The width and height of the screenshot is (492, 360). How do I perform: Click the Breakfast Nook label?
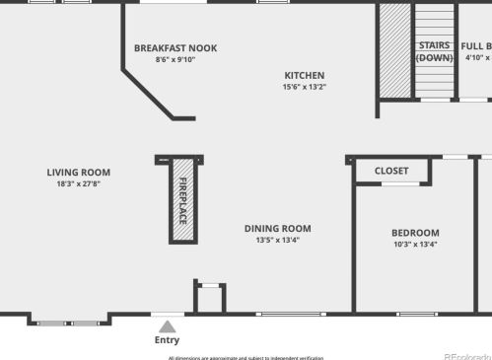click(x=176, y=47)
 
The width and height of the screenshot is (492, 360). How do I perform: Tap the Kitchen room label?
click(x=304, y=75)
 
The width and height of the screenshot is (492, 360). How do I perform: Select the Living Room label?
click(x=79, y=172)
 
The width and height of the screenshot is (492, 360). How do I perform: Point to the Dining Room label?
click(x=277, y=228)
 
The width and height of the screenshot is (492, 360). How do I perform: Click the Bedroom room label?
click(x=415, y=233)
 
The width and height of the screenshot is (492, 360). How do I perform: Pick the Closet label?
click(x=391, y=171)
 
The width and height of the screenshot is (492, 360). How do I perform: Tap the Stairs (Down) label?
click(x=434, y=51)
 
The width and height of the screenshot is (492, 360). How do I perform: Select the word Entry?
click(x=168, y=340)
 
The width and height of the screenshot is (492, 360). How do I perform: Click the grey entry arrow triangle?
click(x=168, y=325)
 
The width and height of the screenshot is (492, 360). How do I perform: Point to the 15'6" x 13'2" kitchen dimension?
click(x=304, y=87)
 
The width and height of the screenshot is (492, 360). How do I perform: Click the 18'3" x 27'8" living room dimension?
click(x=79, y=183)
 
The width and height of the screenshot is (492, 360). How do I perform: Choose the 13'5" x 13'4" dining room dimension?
click(x=277, y=240)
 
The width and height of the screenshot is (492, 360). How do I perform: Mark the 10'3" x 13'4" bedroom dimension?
click(x=415, y=245)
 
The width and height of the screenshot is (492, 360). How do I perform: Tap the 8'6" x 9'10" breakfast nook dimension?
click(x=176, y=59)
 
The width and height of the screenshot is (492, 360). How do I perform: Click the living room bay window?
click(x=68, y=322)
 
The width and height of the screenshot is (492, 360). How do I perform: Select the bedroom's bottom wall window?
click(x=417, y=314)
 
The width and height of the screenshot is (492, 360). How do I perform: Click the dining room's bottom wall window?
click(x=289, y=314)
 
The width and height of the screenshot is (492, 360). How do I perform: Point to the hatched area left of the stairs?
click(x=395, y=50)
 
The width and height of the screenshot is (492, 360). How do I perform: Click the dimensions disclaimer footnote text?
click(x=246, y=357)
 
